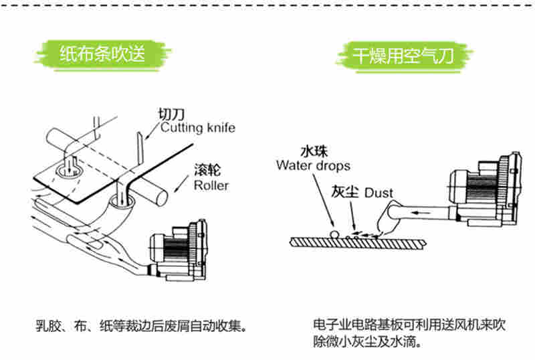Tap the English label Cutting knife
click(197, 127)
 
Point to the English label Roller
click(211, 185)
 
